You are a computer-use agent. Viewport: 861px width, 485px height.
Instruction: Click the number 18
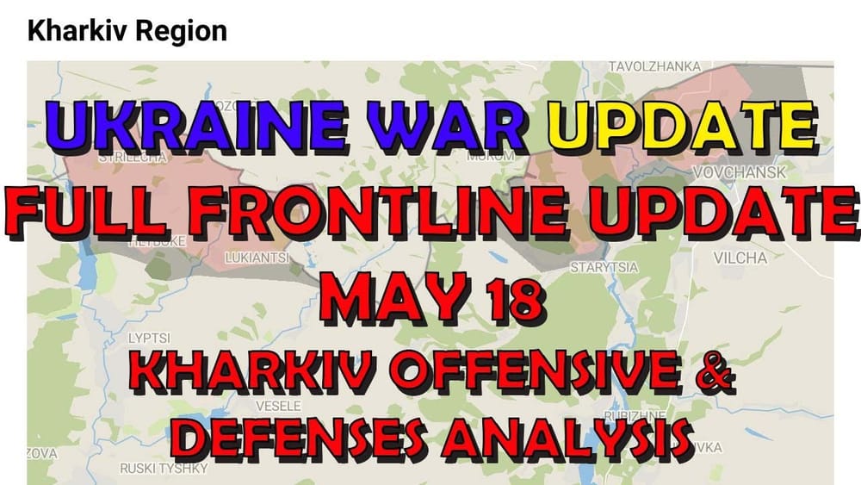coord(508,295)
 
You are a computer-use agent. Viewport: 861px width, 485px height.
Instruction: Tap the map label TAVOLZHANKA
coord(654,66)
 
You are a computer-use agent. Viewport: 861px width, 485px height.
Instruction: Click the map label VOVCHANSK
coord(739,173)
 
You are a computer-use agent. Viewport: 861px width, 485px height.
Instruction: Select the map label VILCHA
coord(740,258)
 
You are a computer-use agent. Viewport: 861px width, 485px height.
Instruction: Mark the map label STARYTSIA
coord(604,268)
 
